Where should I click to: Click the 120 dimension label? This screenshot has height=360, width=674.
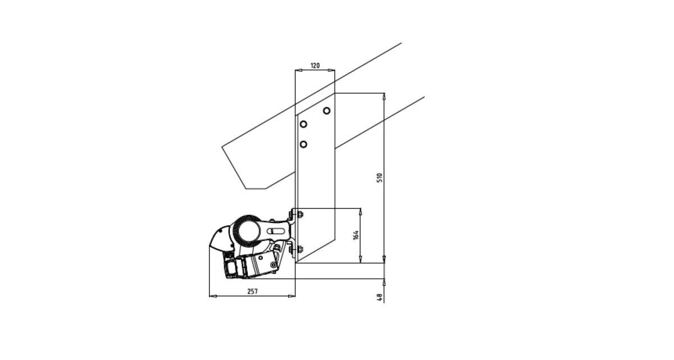click(x=315, y=66)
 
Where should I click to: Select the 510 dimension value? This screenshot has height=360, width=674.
click(x=380, y=177)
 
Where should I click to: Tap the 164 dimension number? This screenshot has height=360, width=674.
click(x=356, y=235)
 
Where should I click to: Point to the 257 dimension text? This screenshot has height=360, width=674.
click(x=252, y=291)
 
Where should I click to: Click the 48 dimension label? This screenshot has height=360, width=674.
click(x=380, y=298)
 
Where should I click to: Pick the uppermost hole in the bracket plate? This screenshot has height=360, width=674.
click(x=326, y=111)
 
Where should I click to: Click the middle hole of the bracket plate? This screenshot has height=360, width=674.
click(x=303, y=124)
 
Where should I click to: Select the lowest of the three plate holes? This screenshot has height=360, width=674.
click(x=303, y=144)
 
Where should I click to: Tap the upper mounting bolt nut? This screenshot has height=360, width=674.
click(x=300, y=215)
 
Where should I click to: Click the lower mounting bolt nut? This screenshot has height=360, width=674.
click(x=300, y=249)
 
